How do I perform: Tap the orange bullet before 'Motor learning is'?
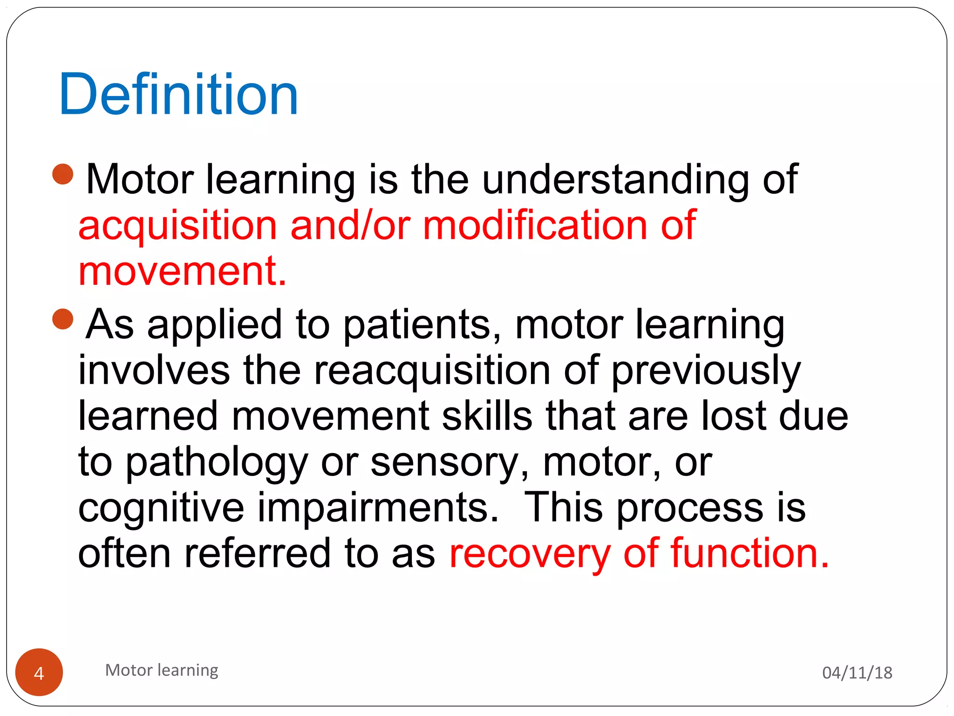63,174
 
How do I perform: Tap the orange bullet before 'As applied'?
63,319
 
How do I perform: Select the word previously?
705,372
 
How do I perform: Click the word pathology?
217,463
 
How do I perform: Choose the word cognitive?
161,509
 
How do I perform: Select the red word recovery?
530,554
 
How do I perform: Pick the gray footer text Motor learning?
162,670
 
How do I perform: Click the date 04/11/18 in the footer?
857,673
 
